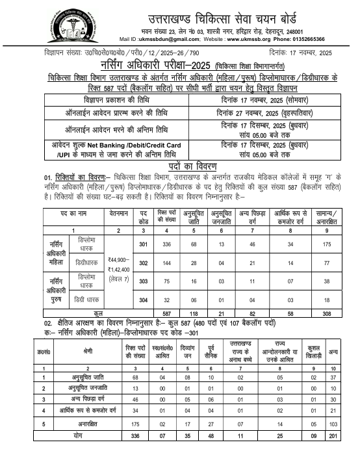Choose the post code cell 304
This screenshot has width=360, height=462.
coord(143,300)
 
